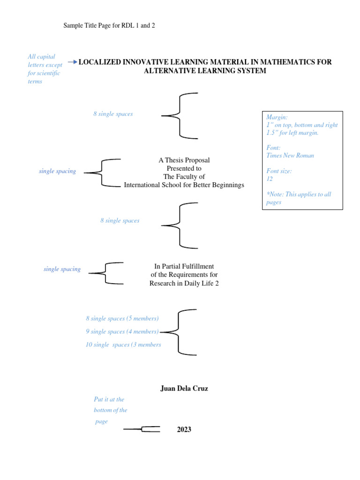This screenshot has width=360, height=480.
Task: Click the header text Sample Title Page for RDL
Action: pos(109,25)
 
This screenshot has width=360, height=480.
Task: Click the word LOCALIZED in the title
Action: pos(100,62)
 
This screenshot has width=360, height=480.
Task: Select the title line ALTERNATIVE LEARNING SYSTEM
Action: pos(205,71)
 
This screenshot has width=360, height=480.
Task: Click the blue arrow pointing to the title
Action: pos(73,62)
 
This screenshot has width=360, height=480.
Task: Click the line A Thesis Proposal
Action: pos(184,160)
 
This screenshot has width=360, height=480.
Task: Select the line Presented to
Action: pos(184,168)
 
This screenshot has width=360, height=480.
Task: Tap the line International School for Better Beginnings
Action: pos(184,185)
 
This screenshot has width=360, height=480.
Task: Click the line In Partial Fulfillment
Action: pos(184,266)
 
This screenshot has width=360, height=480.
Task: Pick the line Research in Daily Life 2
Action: pos(184,283)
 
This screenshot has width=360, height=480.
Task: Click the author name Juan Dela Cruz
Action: pos(184,389)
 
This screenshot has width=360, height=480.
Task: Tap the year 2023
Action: pos(184,429)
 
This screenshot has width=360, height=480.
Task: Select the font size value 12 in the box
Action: pos(270,179)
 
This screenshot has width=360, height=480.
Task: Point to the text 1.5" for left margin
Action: pos(292,133)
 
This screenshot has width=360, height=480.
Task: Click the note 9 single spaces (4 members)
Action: pos(122,331)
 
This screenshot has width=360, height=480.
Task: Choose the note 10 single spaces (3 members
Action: pos(123,345)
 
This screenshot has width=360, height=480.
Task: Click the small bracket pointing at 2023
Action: pos(142,429)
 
